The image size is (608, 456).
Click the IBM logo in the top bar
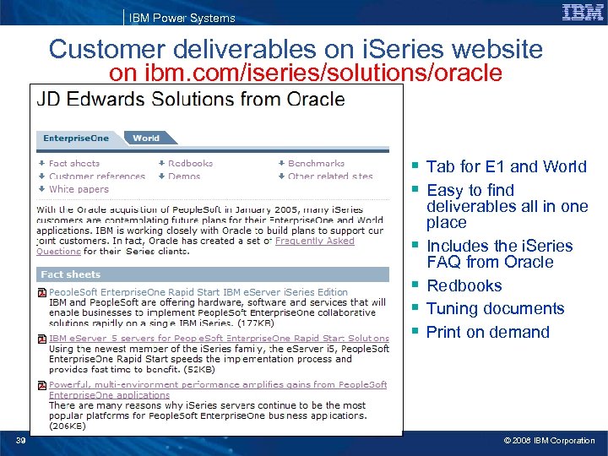coord(583,12)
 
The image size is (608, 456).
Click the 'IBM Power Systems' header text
coord(182,18)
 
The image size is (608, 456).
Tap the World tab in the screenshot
coord(147,138)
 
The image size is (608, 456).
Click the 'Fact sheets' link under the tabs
coord(73,163)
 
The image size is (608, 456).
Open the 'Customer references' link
coord(96,176)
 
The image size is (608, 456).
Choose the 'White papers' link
coord(78,189)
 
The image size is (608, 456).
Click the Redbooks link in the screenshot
coord(190,163)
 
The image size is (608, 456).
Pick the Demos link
coord(184,176)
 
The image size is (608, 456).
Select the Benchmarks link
coord(316,163)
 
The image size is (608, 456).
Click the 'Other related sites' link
coord(330,176)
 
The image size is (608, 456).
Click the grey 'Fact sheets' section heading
coord(71,274)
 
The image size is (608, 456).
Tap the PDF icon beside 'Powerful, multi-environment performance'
coord(42,386)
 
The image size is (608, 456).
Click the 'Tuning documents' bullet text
coord(495,308)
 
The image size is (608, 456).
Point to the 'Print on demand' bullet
coord(487,332)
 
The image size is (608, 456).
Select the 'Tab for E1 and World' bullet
coord(506,166)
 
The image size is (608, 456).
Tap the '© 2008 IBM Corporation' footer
coord(549,440)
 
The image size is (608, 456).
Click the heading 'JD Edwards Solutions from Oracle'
coord(190,99)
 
